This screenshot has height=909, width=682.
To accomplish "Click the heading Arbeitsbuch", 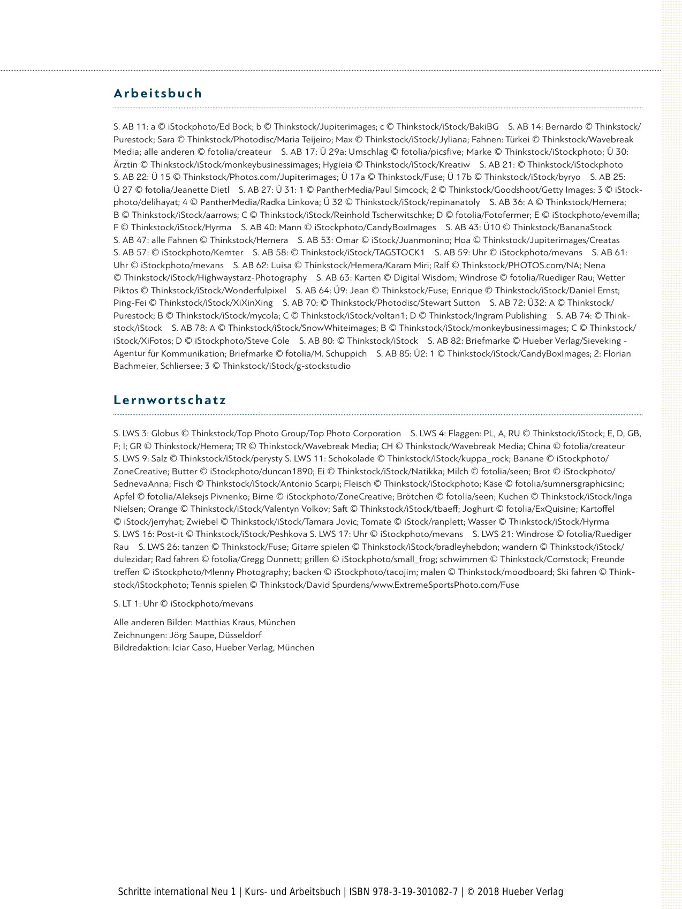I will [x=158, y=93].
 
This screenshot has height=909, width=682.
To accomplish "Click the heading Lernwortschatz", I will [x=170, y=400].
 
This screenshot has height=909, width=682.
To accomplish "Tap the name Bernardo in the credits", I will [x=564, y=127].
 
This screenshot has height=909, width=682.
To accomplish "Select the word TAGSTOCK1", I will [x=399, y=253].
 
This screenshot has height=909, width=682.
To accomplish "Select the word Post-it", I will [x=170, y=534].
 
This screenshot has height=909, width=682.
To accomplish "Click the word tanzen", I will [x=195, y=547].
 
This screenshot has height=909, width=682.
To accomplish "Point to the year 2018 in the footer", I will [x=488, y=892].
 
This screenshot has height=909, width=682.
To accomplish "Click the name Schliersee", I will [x=179, y=367].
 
